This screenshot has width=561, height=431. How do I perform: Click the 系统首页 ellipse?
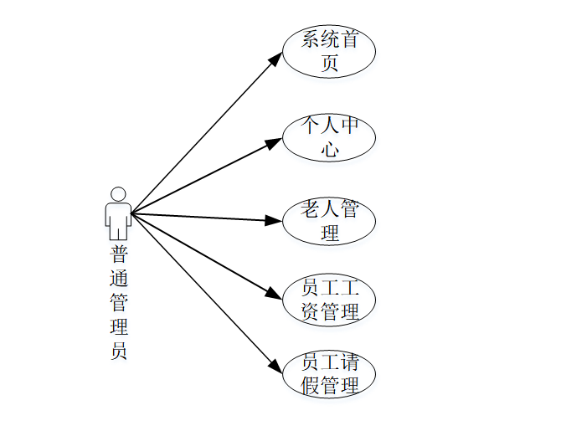328,51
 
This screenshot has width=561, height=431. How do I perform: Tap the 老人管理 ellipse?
328,221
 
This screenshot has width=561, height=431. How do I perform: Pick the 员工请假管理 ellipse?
328,374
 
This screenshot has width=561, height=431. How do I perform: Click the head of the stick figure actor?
118,194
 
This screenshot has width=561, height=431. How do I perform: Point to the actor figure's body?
118,219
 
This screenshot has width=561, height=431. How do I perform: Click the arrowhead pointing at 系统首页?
275,58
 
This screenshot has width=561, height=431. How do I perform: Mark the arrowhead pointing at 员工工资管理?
274,294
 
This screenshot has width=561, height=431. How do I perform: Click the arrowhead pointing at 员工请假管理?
275,366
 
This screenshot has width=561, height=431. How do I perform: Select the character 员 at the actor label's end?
119,351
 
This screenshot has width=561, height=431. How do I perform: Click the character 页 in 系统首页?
329,64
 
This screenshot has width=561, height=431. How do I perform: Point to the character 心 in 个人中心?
329,151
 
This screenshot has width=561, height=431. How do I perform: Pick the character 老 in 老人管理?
310,210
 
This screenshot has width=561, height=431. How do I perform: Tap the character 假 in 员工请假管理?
310,386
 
